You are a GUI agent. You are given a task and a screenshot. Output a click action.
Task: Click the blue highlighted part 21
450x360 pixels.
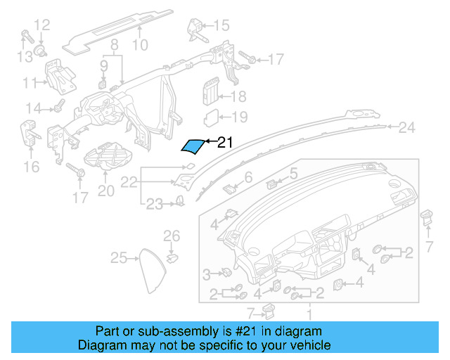coord(192,146)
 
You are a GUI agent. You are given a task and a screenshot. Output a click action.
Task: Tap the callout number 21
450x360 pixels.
coord(224,142)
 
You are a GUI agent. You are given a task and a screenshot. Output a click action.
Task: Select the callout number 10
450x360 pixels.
coord(140,46)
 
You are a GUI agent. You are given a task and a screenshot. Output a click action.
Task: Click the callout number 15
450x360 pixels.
coord(221,26)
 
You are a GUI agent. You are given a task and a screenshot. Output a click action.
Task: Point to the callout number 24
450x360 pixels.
coord(407,127)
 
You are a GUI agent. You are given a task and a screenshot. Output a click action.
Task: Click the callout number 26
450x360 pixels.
coord(172,236)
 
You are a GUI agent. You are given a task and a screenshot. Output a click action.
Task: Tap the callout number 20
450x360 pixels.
coord(105,191)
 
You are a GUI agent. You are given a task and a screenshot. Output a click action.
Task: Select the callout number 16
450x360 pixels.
coord(32,167)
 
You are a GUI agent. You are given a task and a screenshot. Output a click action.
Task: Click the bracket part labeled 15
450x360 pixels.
coord(195,29)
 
